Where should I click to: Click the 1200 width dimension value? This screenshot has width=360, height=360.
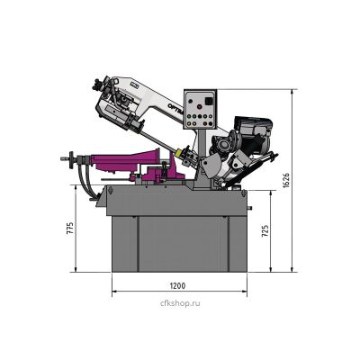pos(177,285)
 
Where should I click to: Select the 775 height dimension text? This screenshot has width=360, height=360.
pos(70,229)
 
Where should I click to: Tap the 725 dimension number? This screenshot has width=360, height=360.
pos(265,231)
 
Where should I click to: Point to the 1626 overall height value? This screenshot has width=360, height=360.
pos(286,180)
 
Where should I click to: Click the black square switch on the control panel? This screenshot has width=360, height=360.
pos(209,101)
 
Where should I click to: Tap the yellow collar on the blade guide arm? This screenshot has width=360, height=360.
pos(180,152)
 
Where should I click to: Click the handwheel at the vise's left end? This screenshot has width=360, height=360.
pos(71,158)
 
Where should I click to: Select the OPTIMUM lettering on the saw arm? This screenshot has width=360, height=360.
pos(175,109)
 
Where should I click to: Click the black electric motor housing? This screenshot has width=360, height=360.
pos(254,134)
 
